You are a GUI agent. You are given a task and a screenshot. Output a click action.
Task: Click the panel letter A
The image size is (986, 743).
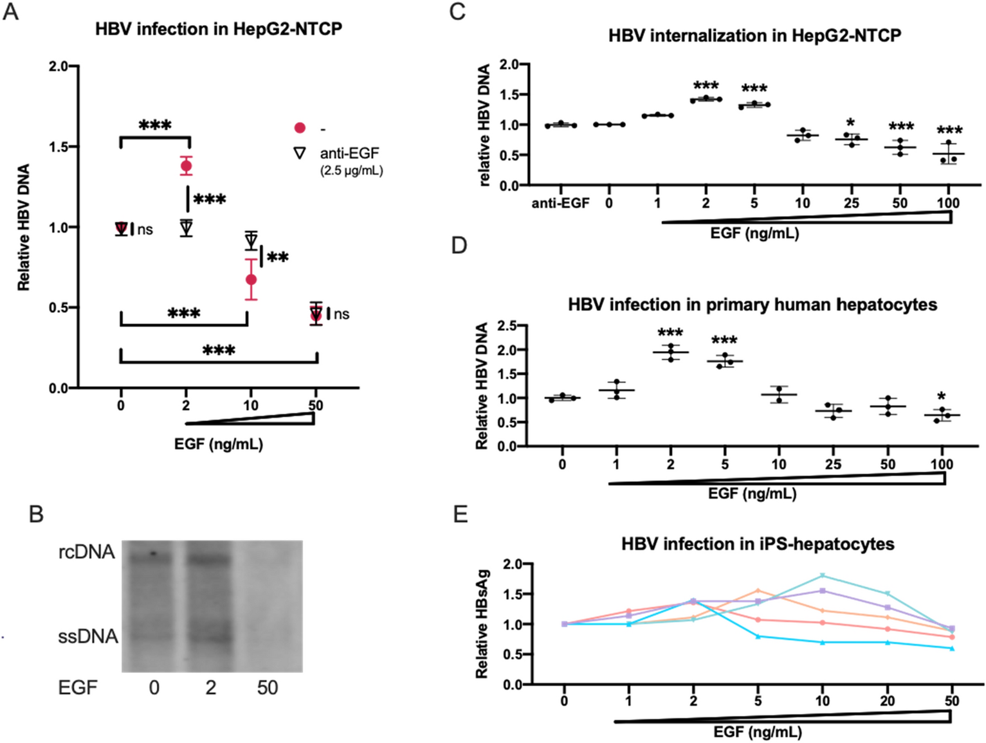pos(10,11)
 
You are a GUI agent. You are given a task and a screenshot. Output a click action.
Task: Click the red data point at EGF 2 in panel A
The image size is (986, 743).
pos(186,166)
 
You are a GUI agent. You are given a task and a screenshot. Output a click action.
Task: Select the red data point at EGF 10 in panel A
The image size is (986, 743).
pos(251,280)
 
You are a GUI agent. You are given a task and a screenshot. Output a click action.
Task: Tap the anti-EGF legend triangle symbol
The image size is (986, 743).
pos(299,153)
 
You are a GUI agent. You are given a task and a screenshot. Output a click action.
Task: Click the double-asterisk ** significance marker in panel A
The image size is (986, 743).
pos(278,258)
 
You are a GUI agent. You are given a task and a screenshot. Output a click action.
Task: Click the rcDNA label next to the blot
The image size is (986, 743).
pos(86,551)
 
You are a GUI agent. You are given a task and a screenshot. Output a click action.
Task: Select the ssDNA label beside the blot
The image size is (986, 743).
pos(87,636)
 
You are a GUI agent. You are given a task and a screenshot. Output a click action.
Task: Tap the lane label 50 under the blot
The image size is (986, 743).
pos(267,688)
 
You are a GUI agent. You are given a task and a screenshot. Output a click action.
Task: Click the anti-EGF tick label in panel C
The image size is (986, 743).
pos(560,204)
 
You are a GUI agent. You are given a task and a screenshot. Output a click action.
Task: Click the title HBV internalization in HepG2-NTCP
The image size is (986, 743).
pos(754,35)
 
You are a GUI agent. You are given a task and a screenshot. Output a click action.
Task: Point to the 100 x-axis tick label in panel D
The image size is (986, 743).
pos(942,464)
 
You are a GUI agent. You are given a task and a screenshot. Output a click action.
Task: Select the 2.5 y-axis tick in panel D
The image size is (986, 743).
pos(507,326)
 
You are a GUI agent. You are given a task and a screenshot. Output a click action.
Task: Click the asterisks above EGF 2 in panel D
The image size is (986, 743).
pos(670,333)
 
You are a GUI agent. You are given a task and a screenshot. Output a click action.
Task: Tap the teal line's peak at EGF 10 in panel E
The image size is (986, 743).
pos(823,575)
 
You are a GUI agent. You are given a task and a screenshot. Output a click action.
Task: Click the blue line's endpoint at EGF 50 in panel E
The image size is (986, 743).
pos(952,648)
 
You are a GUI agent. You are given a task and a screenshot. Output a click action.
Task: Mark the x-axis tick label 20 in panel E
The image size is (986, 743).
pos(887,701)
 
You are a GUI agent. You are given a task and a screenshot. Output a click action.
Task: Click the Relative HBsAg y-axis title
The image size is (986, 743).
pos(482,623)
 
